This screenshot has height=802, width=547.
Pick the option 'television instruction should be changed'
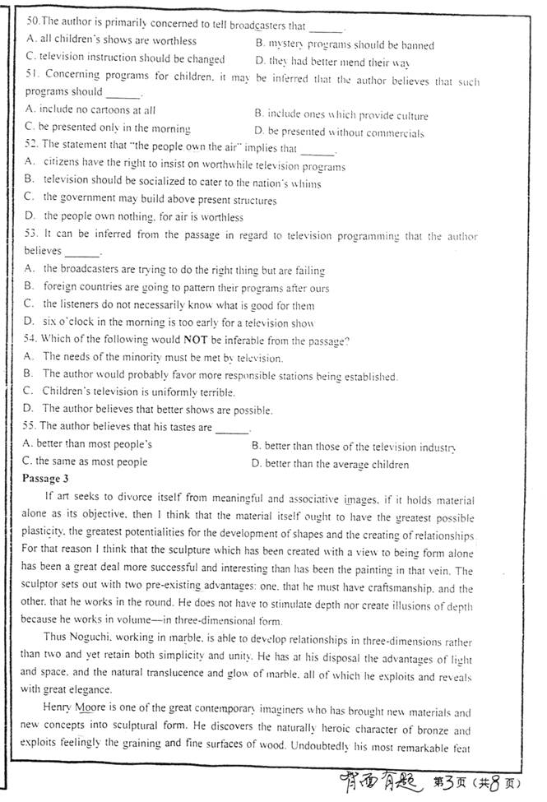click(x=125, y=59)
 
